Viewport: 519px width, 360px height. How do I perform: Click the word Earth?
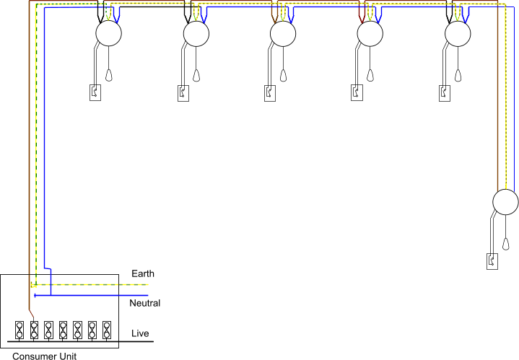tap(142, 274)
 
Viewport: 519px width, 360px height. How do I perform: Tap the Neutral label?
tap(144, 303)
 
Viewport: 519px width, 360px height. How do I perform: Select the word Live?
tap(141, 333)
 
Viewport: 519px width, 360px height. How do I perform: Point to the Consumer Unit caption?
tap(44, 355)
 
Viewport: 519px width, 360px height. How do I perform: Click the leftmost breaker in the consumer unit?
tap(19, 330)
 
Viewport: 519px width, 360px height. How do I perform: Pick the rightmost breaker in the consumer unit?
tap(107, 330)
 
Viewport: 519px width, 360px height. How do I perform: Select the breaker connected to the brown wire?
tap(34, 330)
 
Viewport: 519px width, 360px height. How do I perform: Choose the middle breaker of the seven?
tap(63, 330)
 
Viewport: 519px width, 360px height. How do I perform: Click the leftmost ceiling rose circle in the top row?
tap(108, 33)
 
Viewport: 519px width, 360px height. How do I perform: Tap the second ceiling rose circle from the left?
tap(196, 33)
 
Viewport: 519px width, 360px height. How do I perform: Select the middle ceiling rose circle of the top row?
tap(283, 33)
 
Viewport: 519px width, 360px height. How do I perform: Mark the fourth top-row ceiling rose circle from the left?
tap(371, 33)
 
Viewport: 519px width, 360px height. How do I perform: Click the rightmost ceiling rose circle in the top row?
tap(458, 33)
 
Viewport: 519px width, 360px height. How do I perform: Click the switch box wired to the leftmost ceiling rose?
tap(95, 92)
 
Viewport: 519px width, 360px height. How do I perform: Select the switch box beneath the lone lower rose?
tap(492, 260)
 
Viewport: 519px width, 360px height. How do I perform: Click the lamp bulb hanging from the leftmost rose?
tap(109, 74)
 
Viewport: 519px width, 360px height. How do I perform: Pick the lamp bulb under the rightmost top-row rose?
tap(459, 74)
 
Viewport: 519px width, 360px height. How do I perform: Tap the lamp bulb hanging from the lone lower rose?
tap(506, 243)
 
